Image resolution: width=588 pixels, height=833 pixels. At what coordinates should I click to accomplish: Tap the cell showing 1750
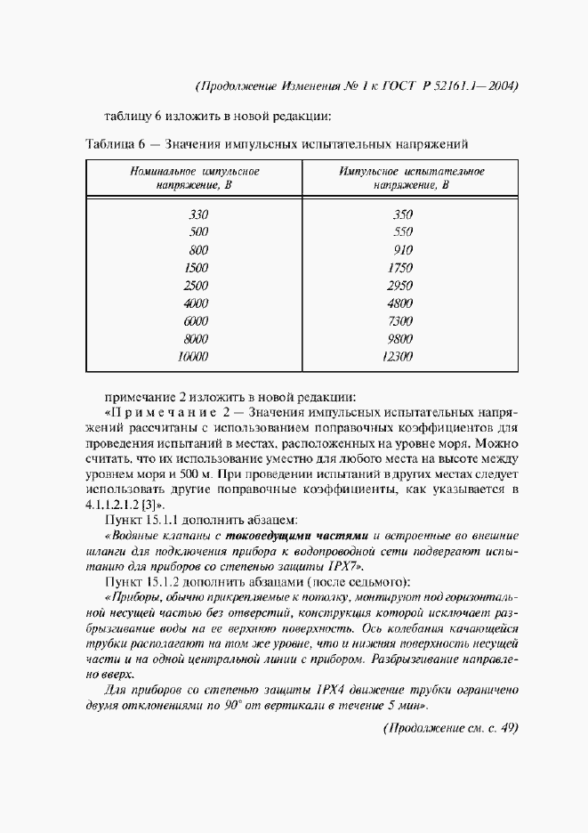point(401,268)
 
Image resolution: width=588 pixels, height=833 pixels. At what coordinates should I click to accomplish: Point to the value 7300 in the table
point(401,321)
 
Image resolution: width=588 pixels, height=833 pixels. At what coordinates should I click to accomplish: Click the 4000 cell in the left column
point(196,303)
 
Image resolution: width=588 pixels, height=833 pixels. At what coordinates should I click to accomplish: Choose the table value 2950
point(401,286)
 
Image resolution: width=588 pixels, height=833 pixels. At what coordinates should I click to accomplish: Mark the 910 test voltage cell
point(403,250)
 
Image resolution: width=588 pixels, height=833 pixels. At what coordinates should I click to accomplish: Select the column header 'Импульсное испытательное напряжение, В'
point(406,177)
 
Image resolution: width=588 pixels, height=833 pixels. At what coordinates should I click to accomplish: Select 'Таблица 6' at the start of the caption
point(115,143)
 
